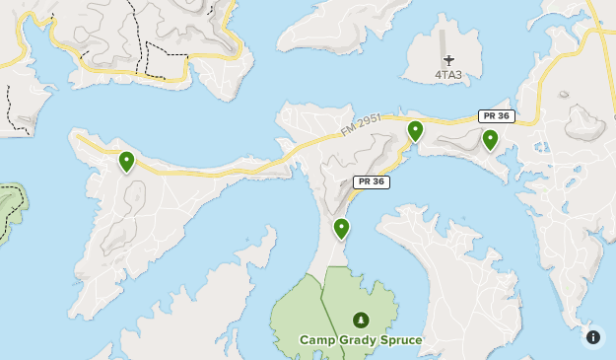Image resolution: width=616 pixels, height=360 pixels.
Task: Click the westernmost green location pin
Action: click(x=126, y=161)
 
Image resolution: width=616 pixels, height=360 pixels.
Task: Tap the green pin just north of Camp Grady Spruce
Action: click(x=341, y=229)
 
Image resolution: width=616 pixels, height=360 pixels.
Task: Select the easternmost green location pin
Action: click(x=490, y=139)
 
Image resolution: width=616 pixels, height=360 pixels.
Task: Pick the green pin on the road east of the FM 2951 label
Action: click(x=415, y=130)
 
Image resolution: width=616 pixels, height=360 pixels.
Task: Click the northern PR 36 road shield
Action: click(x=496, y=116)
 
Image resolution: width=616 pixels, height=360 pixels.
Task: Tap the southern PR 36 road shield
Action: click(x=371, y=181)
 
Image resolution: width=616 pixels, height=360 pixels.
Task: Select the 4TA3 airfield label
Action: click(x=448, y=75)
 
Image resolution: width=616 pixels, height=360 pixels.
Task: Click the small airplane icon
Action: click(x=448, y=60)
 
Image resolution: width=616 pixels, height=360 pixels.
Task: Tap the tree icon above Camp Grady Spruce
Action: click(x=361, y=320)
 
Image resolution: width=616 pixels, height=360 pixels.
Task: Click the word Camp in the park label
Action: click(x=318, y=340)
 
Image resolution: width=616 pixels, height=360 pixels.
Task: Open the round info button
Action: click(x=592, y=336)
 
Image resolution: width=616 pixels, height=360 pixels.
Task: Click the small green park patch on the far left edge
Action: click(x=10, y=207)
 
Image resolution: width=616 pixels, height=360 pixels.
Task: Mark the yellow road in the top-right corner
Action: click(x=597, y=39)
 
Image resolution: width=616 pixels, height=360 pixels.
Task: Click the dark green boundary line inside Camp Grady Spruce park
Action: click(x=322, y=296)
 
